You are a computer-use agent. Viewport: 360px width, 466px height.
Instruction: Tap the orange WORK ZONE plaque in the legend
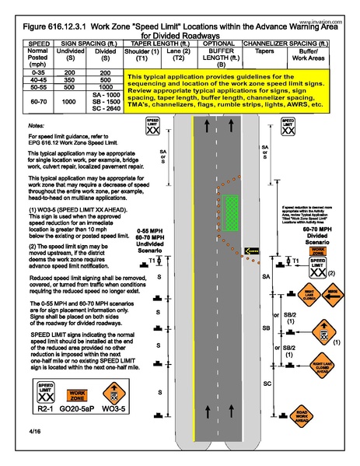pos(80,396)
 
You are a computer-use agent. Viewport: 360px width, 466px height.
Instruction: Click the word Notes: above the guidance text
pos(35,124)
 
